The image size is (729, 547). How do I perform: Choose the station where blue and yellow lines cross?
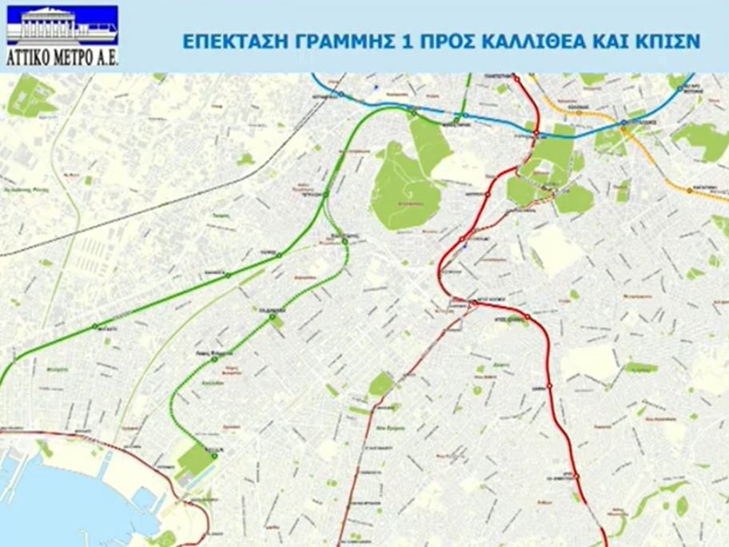tap(623, 124)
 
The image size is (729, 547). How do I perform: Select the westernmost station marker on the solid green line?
tap(95, 326)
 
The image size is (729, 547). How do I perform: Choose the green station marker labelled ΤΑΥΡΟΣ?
tap(279, 256)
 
